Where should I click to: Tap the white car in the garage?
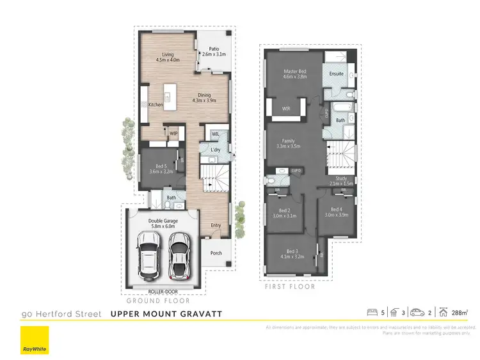coord(149,254)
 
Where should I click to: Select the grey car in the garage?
coord(180,254)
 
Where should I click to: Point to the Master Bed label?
coord(295,73)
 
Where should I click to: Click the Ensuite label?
coord(337,74)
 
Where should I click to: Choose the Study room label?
coord(340,180)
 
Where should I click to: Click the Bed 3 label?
coord(292,254)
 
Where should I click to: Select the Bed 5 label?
coord(161,168)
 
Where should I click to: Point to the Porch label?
coord(216,253)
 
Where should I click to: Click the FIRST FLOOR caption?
coord(290,287)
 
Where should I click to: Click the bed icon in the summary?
coord(371,313)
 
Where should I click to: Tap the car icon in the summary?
coord(417,313)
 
